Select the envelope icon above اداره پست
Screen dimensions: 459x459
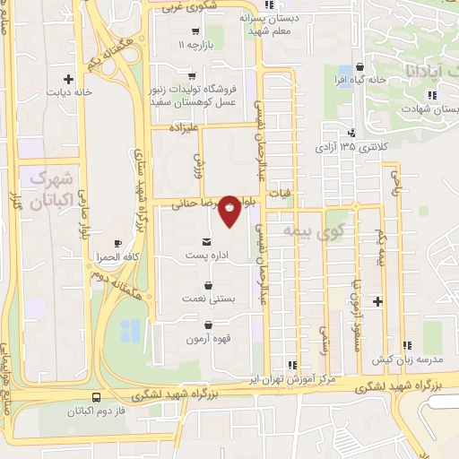tap(208, 242)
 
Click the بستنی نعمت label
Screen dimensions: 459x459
tap(207, 298)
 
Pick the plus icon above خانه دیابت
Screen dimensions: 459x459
tap(70, 78)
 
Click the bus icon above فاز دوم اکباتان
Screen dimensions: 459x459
tap(96, 397)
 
